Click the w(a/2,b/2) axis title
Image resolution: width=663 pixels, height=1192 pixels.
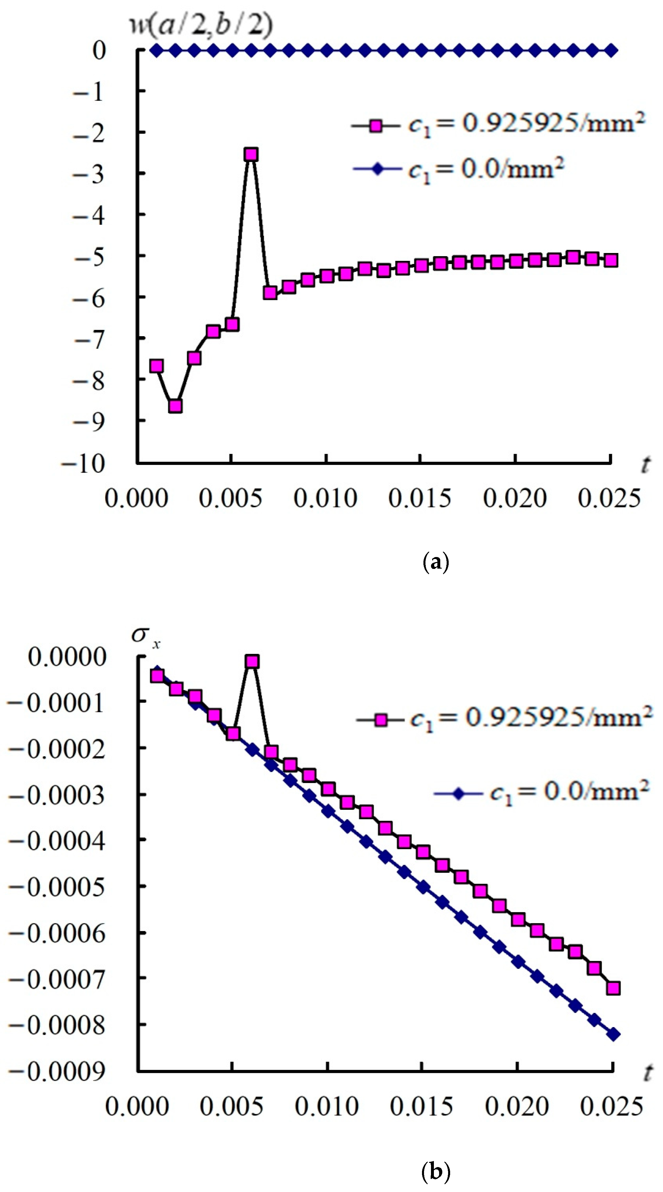click(x=200, y=24)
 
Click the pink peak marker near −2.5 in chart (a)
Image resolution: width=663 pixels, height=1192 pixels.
click(x=251, y=154)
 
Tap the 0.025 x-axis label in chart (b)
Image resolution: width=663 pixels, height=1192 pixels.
click(x=611, y=1107)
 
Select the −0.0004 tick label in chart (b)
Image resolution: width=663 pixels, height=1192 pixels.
click(x=57, y=840)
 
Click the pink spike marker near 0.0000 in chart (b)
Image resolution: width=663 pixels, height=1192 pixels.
click(x=252, y=662)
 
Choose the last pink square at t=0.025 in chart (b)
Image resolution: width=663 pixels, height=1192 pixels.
click(x=613, y=988)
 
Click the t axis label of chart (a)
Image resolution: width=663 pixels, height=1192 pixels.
click(x=645, y=464)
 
